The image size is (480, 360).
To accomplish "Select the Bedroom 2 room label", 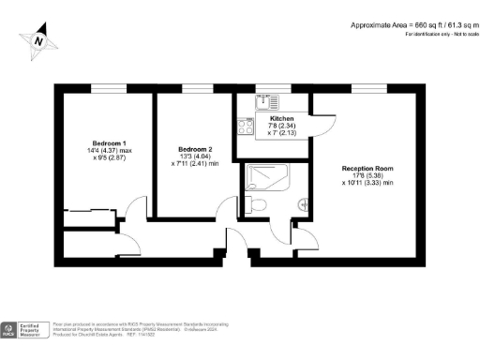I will coord(196,149).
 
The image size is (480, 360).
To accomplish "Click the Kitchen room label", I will coord(282,120).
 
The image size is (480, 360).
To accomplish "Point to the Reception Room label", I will coord(361,169).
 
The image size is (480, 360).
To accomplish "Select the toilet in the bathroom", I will coord(259,203).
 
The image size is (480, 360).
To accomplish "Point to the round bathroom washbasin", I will coord(302,203).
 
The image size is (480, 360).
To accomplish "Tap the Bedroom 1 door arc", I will coord(137,210).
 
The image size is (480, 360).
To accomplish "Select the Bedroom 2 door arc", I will coord(225,210).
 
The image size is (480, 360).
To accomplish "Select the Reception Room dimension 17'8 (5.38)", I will coord(361,176).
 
